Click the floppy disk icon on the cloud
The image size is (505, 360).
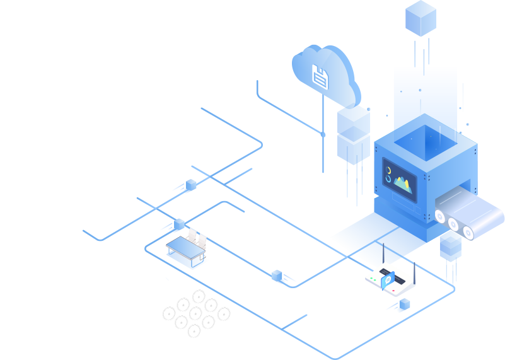click(320, 76)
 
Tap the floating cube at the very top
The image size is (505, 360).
click(421, 18)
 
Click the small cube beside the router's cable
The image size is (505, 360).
click(404, 305)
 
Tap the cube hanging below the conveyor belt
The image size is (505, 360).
click(450, 247)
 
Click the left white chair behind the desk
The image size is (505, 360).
click(192, 235)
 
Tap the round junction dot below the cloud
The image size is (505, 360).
click(323, 134)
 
